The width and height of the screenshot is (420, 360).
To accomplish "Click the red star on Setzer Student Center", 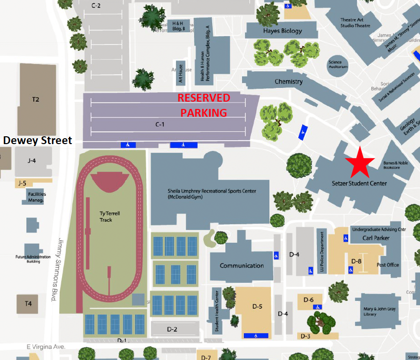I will point(360,163).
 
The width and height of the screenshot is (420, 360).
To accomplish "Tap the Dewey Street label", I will point(38,141).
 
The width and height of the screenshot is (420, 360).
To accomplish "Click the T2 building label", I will point(36,100).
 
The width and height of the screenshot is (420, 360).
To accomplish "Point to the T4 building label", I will point(28,304).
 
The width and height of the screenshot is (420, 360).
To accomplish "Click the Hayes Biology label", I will point(283,31).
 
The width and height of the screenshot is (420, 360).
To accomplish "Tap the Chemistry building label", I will point(288,82).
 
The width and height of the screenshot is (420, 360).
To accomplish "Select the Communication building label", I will point(242,266).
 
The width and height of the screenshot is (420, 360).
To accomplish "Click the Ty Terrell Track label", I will point(106,217).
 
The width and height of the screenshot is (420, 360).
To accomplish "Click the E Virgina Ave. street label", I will point(46,347).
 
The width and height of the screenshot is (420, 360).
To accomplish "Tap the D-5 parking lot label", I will point(258,307).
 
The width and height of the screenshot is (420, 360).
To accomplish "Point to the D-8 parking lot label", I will point(356,261).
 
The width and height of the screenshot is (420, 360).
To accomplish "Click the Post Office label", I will point(388,265).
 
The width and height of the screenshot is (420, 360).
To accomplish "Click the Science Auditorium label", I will point(335,64).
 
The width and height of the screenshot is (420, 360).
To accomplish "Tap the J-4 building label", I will point(32,160).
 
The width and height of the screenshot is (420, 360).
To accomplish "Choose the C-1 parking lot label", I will point(160,125).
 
